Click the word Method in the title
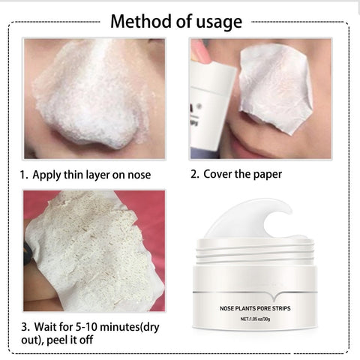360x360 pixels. [139, 20]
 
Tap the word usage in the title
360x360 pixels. [217, 21]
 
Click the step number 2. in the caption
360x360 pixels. [194, 175]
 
